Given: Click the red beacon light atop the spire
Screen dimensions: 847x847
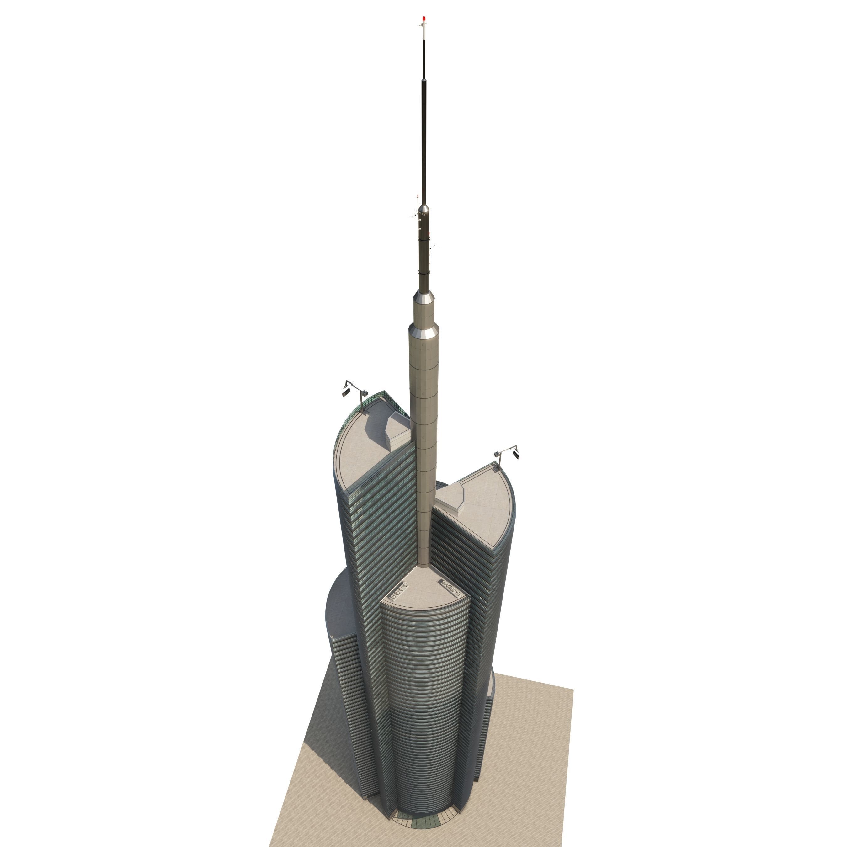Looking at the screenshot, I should click(423, 19).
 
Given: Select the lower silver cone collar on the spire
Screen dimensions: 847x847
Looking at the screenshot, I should click(423, 331).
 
